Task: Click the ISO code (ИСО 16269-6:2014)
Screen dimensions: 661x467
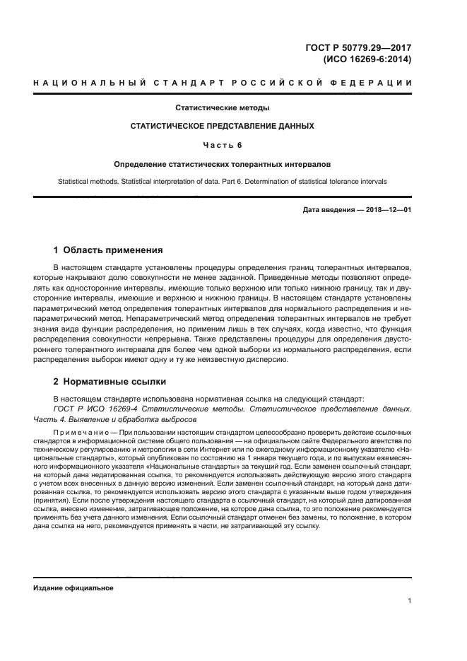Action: click(x=367, y=60)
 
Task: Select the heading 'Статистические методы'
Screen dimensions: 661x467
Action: click(x=222, y=108)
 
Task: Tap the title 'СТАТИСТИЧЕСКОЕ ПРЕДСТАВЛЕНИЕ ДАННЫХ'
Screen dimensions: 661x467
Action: click(x=222, y=127)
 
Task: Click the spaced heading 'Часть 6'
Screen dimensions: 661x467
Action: click(x=222, y=145)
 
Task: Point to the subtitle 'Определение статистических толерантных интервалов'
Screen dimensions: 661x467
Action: click(x=222, y=163)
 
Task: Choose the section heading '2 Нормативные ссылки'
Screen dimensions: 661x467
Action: click(x=110, y=382)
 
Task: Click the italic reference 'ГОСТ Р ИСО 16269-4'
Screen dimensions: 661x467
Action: click(x=96, y=409)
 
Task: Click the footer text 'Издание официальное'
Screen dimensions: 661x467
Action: click(x=73, y=588)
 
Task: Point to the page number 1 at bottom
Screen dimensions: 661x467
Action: click(x=409, y=601)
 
